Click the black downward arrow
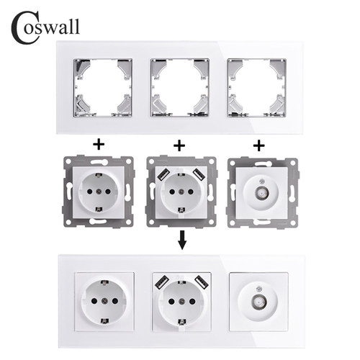[x=179, y=239]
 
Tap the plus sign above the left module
[x=99, y=144]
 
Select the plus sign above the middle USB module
[x=179, y=144]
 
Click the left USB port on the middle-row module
[x=163, y=174]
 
